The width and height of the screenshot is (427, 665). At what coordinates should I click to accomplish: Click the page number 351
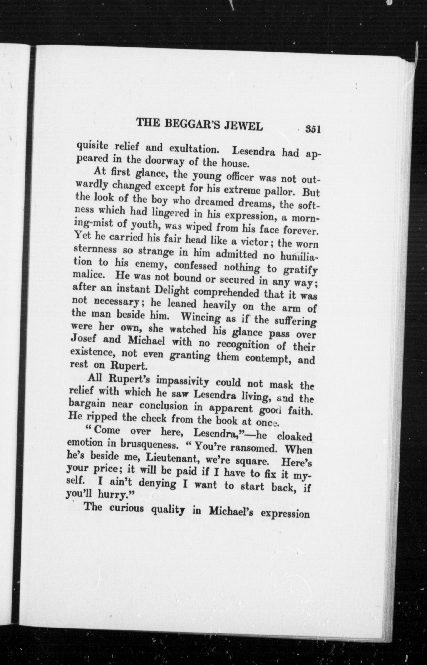(x=313, y=130)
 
